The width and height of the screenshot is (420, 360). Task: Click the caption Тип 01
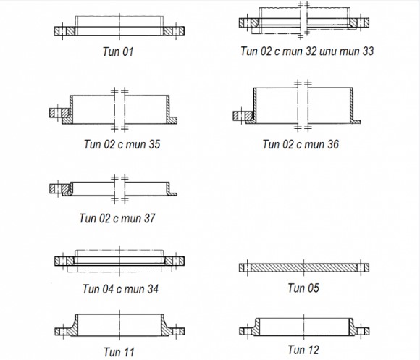coord(118,51)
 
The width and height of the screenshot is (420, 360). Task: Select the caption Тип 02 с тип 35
coord(122,144)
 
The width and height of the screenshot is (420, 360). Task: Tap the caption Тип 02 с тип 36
coord(301,144)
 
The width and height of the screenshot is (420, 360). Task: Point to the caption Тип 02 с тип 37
coord(117,218)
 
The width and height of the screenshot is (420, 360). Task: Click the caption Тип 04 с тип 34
coord(120,289)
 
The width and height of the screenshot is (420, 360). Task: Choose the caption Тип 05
coord(303,288)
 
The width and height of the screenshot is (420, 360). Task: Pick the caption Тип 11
coord(119,352)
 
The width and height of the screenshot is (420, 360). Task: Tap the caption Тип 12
coord(303,350)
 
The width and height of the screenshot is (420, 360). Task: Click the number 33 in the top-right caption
coord(368,51)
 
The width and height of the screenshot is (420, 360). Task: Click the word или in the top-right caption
coord(328,51)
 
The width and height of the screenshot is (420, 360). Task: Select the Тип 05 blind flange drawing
coord(304,267)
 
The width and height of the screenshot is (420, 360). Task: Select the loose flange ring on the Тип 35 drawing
coord(60,113)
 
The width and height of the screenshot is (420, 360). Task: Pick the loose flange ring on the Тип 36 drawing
coord(243,116)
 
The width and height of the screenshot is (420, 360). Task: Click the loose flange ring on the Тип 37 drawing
coord(59,188)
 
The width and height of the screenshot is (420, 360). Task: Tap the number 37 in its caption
coord(149,218)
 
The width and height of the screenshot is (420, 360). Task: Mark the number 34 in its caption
coord(153,289)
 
